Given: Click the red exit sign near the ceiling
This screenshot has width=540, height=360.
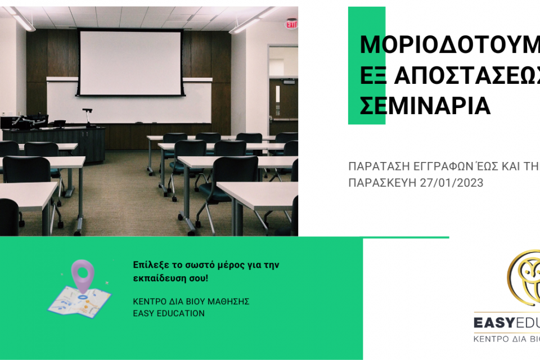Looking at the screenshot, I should pos(291,24).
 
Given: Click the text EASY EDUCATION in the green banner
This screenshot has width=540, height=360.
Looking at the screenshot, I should pos(168,313).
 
